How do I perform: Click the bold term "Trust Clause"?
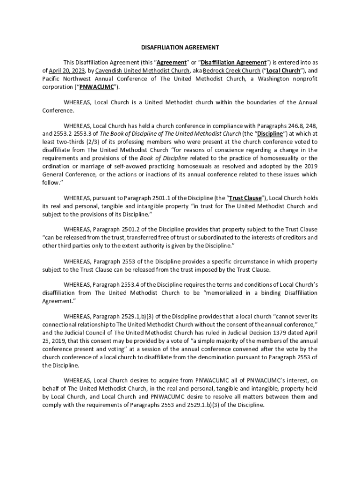click(x=245, y=198)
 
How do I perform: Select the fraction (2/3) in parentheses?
click(x=105, y=142)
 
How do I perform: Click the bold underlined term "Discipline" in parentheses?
click(x=271, y=133)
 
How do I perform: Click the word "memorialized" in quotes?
click(x=227, y=293)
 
